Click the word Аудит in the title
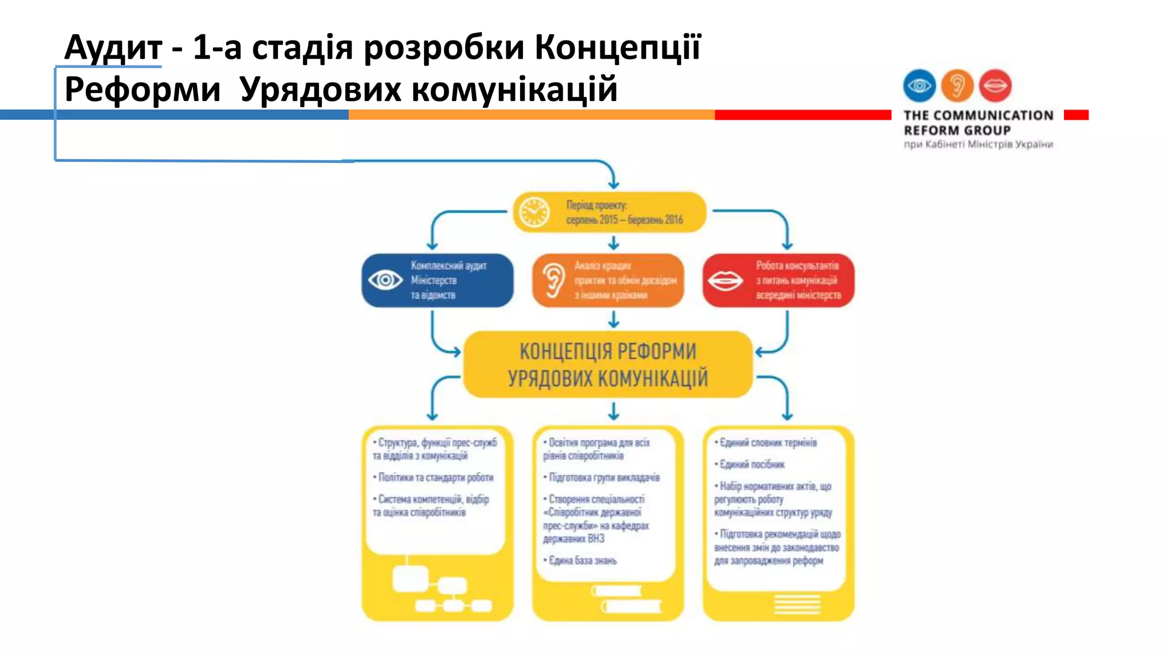113,47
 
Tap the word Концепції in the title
617,47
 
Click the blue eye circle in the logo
920,86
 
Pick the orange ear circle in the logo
957,86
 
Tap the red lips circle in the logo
995,86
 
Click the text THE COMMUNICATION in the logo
978,115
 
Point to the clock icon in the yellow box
534,212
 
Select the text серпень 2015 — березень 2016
624,220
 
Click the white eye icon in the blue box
385,280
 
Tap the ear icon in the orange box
553,280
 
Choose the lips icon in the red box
725,281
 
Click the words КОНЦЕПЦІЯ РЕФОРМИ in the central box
607,351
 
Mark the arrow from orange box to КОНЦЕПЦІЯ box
614,319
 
